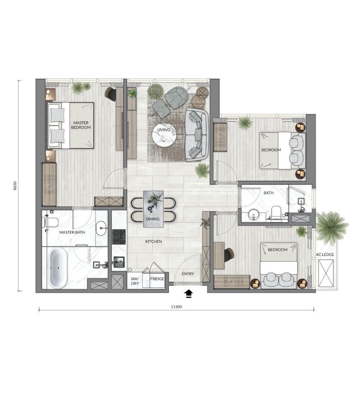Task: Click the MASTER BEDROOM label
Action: click(x=81, y=125)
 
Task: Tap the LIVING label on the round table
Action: click(x=163, y=130)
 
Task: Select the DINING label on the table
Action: click(x=153, y=219)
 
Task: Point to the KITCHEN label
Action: click(x=154, y=242)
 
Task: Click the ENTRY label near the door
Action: click(x=188, y=274)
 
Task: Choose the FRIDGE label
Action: click(x=157, y=279)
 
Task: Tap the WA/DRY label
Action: click(x=135, y=281)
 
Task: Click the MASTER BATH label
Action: click(x=72, y=232)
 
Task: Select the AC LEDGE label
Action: click(x=325, y=255)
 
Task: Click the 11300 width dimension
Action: click(x=176, y=307)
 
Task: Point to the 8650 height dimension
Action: click(x=15, y=186)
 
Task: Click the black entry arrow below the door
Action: click(x=189, y=294)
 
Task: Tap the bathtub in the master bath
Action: click(x=58, y=268)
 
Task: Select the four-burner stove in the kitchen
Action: click(x=119, y=237)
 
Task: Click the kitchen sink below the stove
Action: click(x=119, y=262)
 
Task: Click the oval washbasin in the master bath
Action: click(x=102, y=228)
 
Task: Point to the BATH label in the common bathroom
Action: click(x=269, y=193)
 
